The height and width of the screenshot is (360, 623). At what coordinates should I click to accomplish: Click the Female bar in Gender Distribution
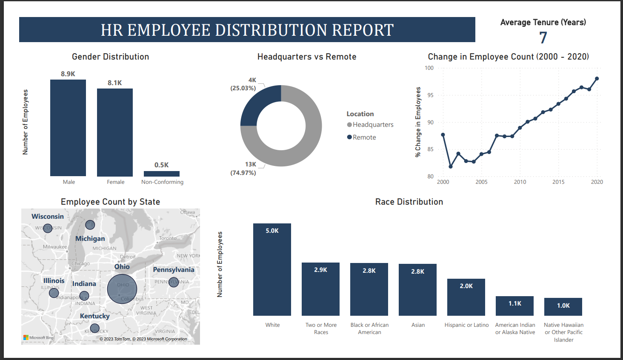click(x=115, y=132)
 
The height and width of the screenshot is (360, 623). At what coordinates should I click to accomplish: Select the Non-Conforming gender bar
click(x=162, y=174)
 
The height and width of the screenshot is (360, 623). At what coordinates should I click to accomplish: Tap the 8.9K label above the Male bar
click(x=68, y=74)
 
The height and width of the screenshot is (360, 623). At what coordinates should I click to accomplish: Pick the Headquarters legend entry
click(x=370, y=125)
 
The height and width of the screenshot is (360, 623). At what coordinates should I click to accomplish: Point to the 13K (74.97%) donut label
click(x=243, y=169)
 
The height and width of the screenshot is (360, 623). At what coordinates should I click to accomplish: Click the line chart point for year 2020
click(x=597, y=79)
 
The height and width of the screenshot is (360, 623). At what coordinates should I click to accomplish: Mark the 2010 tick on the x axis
click(x=520, y=182)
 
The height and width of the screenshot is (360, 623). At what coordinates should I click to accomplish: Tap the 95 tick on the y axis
click(x=431, y=95)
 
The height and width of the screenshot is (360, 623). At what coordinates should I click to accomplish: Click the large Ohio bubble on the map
click(x=122, y=289)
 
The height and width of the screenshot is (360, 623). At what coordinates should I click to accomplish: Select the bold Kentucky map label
click(x=95, y=316)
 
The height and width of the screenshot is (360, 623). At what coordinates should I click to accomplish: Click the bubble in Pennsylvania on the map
click(x=174, y=282)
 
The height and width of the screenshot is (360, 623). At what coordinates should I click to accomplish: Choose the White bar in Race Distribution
click(x=272, y=269)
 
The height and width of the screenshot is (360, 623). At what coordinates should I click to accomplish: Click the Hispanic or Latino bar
click(x=466, y=297)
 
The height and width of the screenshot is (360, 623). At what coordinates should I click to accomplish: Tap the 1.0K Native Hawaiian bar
click(x=563, y=306)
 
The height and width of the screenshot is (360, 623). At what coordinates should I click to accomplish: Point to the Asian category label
click(x=418, y=325)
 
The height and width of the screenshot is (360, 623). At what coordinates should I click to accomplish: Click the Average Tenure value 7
click(x=543, y=38)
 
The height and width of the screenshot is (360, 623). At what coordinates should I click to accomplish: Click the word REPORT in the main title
click(x=363, y=30)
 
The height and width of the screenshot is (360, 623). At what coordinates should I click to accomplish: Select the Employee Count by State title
click(x=110, y=202)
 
